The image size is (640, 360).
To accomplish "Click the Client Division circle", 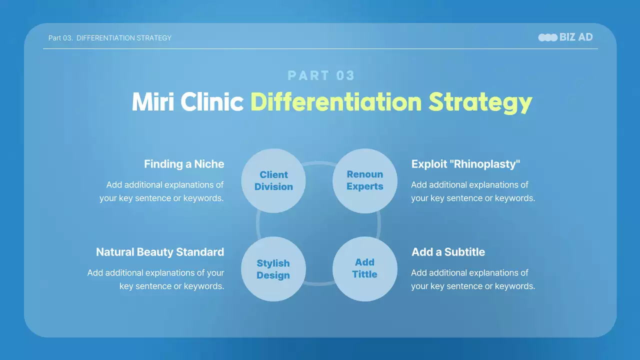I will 273,180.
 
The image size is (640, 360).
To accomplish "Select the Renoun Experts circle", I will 365,180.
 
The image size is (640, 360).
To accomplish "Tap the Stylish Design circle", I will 273,269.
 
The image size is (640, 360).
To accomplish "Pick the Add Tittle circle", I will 365,268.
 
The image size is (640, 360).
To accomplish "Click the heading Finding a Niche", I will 184,164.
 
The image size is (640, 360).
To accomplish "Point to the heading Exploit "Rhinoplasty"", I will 466,164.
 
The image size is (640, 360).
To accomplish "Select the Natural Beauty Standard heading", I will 160,252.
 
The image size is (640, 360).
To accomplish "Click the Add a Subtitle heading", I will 448,252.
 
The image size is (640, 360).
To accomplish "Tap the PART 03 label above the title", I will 321,75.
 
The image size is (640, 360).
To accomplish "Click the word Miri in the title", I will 153,102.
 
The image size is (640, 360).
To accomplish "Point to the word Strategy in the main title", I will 480,102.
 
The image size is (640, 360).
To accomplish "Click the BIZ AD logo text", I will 576,37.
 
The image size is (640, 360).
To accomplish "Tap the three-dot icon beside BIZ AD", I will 547,37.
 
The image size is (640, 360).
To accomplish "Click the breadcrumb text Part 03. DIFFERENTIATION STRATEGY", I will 110,38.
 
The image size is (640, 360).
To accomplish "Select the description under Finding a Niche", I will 161,191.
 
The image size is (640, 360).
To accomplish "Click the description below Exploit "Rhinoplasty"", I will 473,191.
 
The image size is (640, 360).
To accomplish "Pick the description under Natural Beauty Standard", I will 156,279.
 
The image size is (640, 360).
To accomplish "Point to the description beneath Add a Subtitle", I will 473,279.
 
